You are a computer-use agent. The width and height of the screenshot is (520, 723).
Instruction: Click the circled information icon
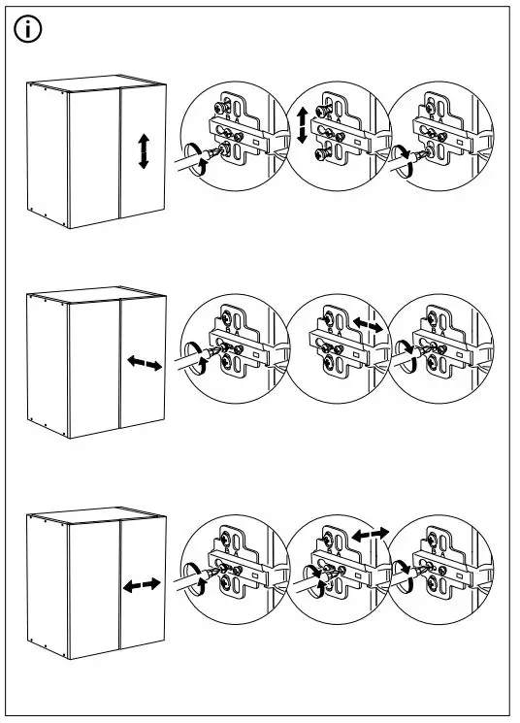click(30, 30)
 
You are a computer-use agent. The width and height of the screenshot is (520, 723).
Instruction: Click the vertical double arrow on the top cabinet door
click(144, 152)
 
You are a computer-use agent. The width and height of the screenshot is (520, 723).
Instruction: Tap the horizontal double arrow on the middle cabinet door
click(145, 363)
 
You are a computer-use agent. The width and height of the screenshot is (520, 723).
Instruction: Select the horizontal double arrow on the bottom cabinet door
click(143, 585)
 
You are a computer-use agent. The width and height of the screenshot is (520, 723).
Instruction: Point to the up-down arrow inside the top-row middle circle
click(302, 126)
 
